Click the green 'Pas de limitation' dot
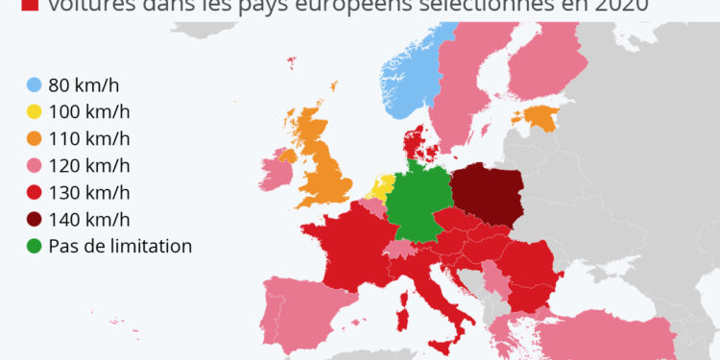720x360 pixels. [34, 246]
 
